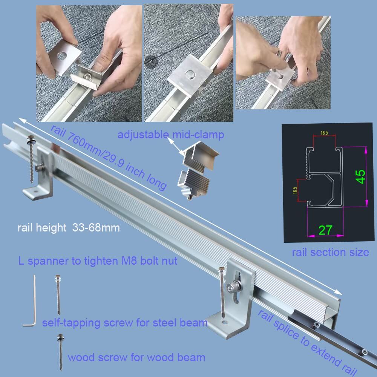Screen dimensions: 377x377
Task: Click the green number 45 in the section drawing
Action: (x=361, y=177)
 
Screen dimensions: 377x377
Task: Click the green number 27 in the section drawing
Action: (x=325, y=230)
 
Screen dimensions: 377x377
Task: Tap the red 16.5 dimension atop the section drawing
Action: (x=324, y=133)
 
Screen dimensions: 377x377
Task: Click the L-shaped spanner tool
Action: (x=32, y=302)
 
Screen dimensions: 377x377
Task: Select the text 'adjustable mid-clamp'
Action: (x=171, y=135)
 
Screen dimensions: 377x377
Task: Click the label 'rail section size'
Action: (x=330, y=252)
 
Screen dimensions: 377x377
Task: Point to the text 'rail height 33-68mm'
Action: (x=69, y=228)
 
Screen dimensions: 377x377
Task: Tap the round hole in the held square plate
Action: (x=61, y=55)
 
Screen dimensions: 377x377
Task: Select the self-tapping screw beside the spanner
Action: (x=58, y=294)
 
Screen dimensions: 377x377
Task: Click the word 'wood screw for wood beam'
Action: (x=136, y=357)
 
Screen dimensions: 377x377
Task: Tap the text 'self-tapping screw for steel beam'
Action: (x=125, y=323)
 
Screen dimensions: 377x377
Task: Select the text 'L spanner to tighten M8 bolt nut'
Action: (x=98, y=261)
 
